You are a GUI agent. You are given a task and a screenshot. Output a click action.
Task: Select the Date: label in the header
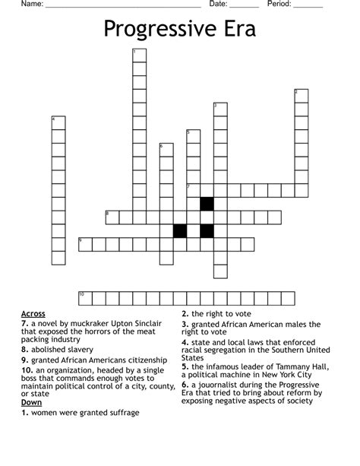click(218, 4)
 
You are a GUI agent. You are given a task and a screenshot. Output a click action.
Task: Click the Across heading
click(33, 313)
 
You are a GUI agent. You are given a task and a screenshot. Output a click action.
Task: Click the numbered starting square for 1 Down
click(139, 55)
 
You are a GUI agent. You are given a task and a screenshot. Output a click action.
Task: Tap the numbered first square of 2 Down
click(302, 96)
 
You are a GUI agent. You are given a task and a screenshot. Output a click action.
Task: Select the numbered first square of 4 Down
click(58, 123)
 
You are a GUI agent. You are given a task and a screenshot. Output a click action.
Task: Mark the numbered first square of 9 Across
click(85, 244)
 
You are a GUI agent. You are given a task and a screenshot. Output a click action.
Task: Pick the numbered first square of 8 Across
click(112, 217)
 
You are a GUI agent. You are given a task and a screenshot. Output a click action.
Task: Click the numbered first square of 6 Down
click(166, 150)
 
